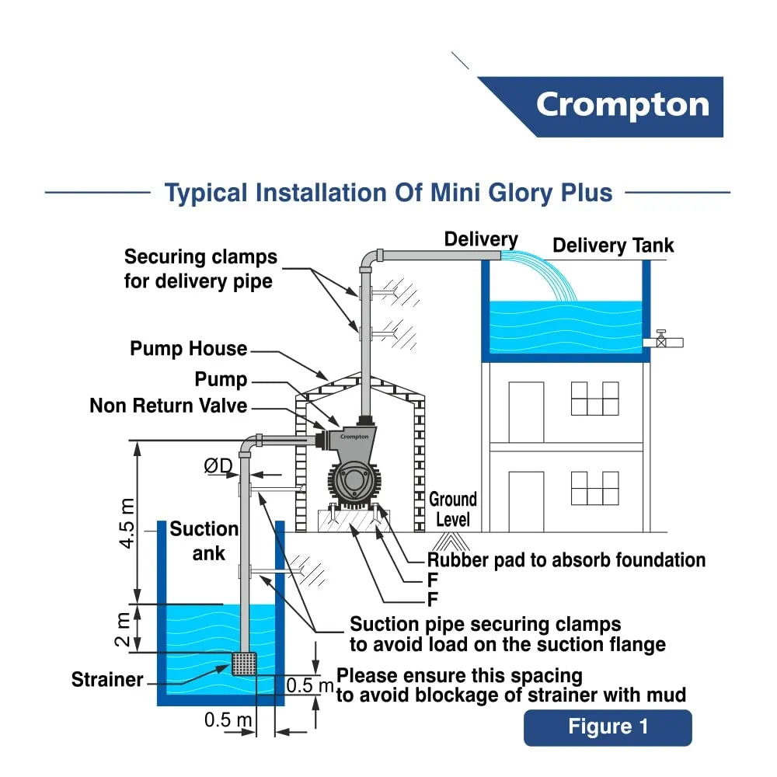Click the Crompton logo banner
click(x=622, y=106)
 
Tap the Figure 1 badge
click(x=607, y=727)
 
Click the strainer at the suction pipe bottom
click(x=245, y=664)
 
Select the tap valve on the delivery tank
click(x=661, y=340)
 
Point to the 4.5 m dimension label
click(x=127, y=525)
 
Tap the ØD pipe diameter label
click(x=218, y=465)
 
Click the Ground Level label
click(x=452, y=509)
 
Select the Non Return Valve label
click(x=168, y=406)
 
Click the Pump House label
click(x=188, y=349)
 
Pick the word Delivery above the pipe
click(x=480, y=239)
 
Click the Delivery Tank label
click(x=613, y=246)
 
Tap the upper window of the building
click(x=594, y=398)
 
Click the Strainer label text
click(x=107, y=680)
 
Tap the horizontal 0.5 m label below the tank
click(x=228, y=720)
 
